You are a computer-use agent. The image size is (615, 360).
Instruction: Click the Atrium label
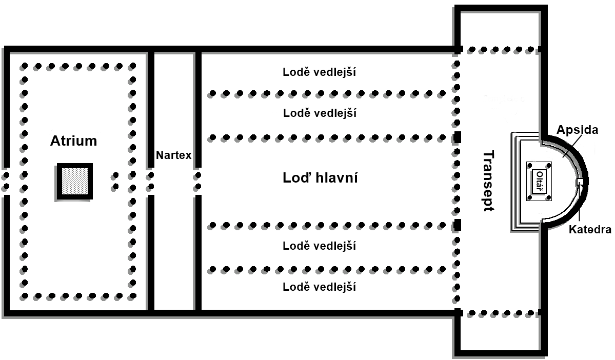pos(73,141)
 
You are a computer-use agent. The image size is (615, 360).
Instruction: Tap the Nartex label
pos(174,155)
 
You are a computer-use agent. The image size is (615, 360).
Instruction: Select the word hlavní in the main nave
pos(335,178)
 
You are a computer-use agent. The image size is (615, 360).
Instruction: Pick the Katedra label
pos(589,229)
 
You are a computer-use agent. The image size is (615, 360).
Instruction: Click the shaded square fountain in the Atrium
pos(75,182)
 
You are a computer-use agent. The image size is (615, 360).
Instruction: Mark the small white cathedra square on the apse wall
pos(580,182)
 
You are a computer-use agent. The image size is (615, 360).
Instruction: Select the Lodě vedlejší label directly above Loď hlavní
pos(319,113)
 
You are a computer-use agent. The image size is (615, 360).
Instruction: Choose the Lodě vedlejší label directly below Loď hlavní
pos(319,246)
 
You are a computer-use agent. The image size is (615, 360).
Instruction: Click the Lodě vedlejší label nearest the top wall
pos(319,72)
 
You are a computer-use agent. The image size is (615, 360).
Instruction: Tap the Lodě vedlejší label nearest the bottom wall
pos(319,287)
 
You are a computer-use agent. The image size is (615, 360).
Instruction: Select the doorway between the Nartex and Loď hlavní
pos(197,181)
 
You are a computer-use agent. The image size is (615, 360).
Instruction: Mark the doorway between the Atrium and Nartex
pos(151,181)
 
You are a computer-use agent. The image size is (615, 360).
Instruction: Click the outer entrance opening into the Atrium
pos(6,181)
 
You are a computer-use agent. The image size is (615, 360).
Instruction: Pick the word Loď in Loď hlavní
pos(296,178)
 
